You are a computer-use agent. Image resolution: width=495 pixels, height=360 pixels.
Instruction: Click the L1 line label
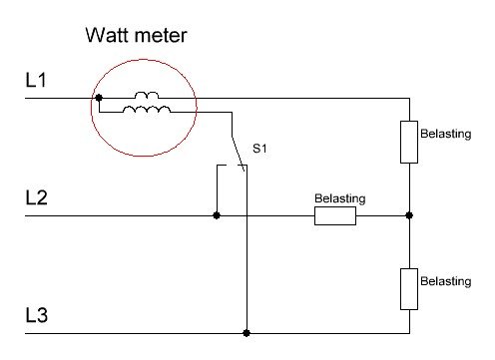pos(36,80)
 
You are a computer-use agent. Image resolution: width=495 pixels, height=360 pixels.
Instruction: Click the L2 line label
pos(36,197)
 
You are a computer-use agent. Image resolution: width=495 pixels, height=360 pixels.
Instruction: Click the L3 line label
pos(37,315)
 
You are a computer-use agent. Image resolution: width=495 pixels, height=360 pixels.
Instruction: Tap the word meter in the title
pos(162,36)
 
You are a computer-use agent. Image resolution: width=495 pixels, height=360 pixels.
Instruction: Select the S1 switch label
pos(259,149)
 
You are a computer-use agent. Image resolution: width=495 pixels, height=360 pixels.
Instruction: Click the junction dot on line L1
pos(99,98)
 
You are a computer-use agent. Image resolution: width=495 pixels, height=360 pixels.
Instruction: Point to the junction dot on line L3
pos(247,333)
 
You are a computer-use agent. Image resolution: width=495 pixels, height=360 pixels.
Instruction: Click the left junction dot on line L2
pos(217,215)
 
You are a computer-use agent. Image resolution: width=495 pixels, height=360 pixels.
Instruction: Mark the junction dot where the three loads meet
pos(409,215)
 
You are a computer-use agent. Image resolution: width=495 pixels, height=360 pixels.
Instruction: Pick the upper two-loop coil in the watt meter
pos(147,96)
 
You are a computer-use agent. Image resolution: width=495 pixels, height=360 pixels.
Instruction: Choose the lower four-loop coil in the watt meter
pos(147,110)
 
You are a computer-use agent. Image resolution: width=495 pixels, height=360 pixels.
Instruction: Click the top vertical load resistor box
pos(409,142)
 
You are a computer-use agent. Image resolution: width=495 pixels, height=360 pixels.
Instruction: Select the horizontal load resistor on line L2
pos(335,215)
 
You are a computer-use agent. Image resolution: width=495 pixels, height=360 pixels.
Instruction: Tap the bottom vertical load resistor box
pos(409,289)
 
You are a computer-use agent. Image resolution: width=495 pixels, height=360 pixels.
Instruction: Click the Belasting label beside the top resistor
pos(446,134)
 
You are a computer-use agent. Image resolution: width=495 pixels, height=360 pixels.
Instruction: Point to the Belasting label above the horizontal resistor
pos(340,198)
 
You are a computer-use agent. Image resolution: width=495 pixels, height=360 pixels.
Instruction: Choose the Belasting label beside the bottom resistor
pos(446,281)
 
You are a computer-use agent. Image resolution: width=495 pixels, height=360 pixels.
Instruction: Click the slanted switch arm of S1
pos(239,154)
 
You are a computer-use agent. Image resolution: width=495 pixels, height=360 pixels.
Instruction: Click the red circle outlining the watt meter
pos(91,108)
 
